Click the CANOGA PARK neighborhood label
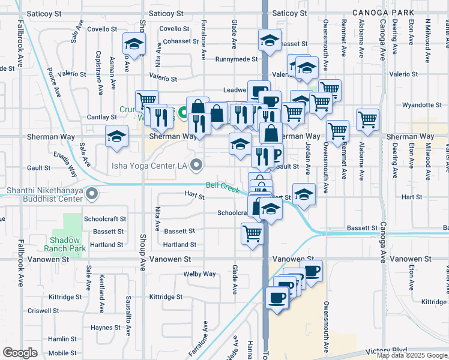point(385,13)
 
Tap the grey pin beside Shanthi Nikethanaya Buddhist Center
point(92,194)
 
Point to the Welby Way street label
point(200,274)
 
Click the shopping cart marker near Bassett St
point(253,233)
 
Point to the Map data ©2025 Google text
point(412,355)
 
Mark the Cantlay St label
point(101,117)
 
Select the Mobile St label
point(62,353)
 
